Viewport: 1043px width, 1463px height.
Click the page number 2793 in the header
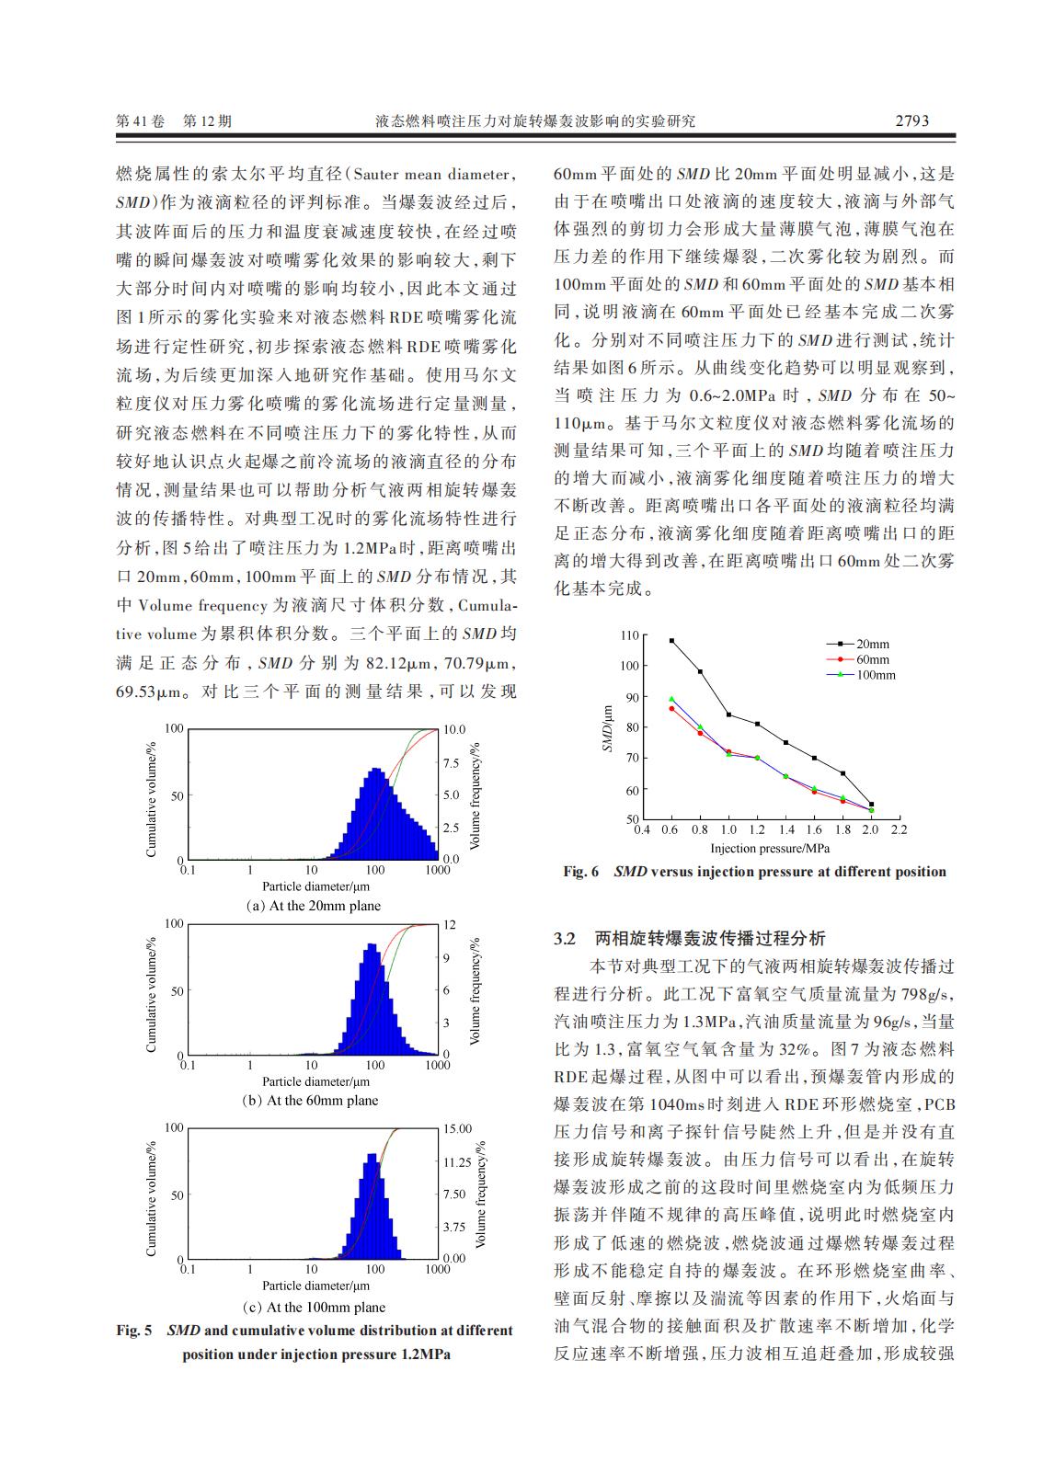911,120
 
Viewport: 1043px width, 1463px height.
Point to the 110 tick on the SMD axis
629,635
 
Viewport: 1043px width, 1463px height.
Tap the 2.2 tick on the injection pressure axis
899,829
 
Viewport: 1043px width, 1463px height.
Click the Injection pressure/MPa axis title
770,848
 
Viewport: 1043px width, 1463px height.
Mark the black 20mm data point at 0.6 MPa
671,640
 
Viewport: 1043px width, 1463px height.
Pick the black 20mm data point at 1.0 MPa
728,714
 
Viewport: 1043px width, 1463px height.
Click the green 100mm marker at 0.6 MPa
671,699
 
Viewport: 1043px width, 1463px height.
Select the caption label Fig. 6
580,872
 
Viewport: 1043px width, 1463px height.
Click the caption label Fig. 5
134,1331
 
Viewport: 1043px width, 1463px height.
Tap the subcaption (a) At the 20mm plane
314,906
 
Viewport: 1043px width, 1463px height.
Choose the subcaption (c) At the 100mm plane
314,1307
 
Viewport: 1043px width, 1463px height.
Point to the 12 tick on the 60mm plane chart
450,924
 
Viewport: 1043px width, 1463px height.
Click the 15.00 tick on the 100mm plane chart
457,1128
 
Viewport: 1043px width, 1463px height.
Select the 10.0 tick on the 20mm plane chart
454,729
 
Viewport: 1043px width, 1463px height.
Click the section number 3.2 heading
565,939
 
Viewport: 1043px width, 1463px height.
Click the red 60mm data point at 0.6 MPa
671,708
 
